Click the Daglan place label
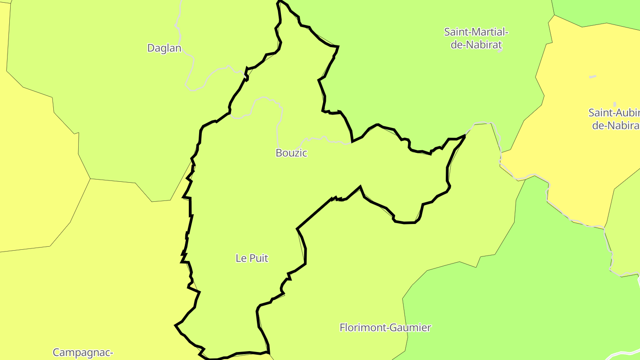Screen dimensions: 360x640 click(x=164, y=48)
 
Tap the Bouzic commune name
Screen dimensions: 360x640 click(x=291, y=153)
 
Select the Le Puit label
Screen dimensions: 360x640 click(x=252, y=258)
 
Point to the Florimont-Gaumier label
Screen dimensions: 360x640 click(x=385, y=328)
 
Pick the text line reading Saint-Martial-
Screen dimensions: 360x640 click(x=476, y=32)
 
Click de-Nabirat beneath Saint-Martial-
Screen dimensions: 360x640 click(x=476, y=44)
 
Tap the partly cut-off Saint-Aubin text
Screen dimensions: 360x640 click(x=614, y=112)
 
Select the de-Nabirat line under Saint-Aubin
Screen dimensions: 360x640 click(x=616, y=125)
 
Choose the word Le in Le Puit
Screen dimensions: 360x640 click(x=240, y=258)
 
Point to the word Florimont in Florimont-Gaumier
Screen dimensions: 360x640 click(x=361, y=328)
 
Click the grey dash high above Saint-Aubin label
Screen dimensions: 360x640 click(x=592, y=77)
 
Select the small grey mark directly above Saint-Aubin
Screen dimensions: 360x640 click(x=615, y=104)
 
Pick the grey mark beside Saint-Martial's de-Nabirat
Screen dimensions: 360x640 click(x=500, y=51)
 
